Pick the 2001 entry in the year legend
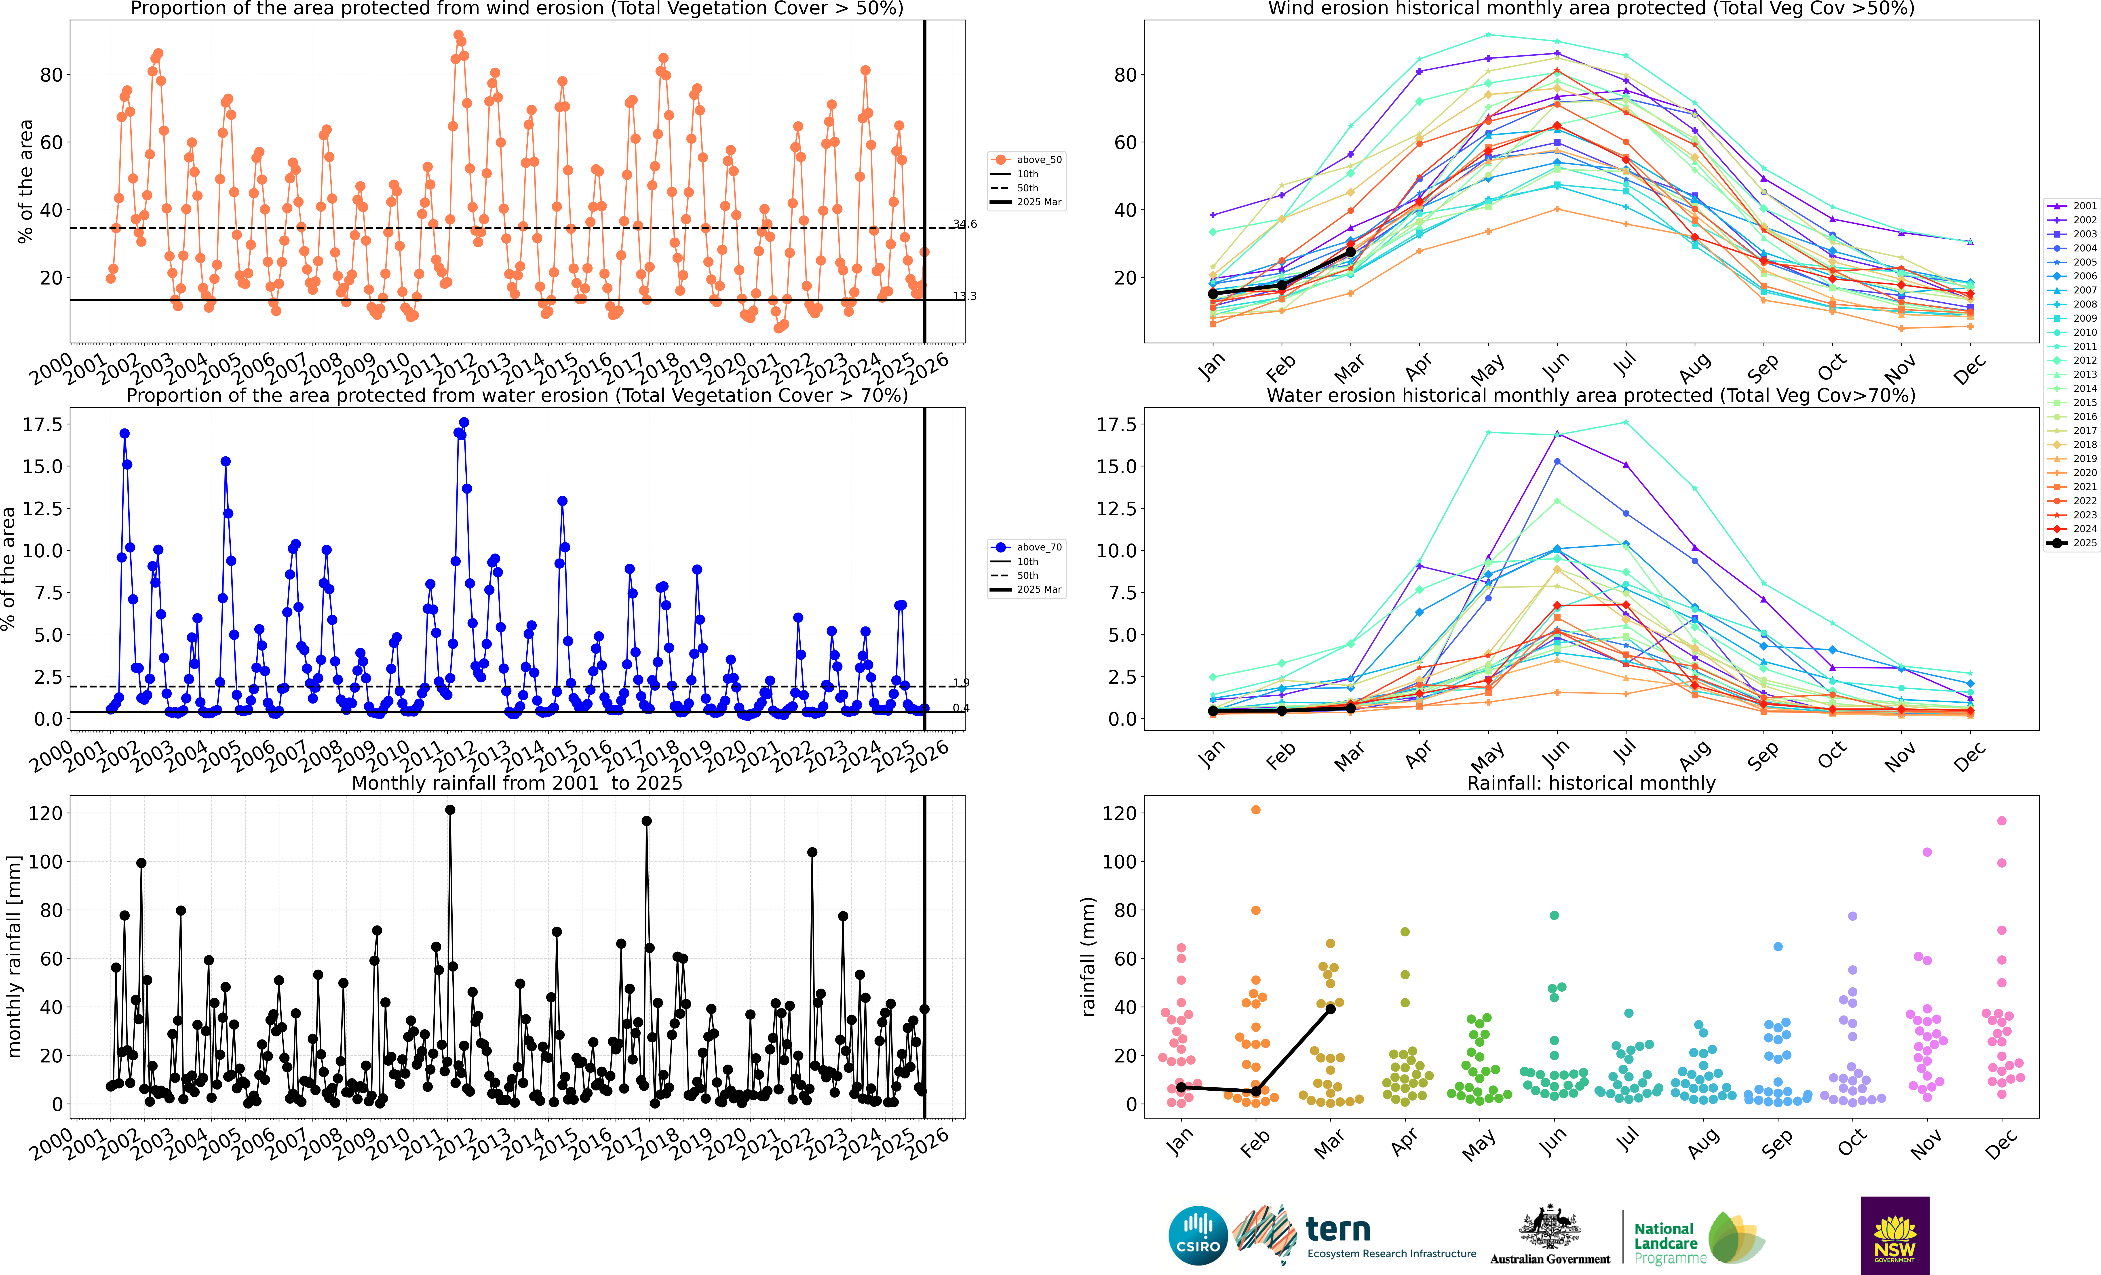click(x=2072, y=206)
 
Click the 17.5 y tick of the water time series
click(x=42, y=425)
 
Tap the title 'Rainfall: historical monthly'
click(x=1591, y=783)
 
